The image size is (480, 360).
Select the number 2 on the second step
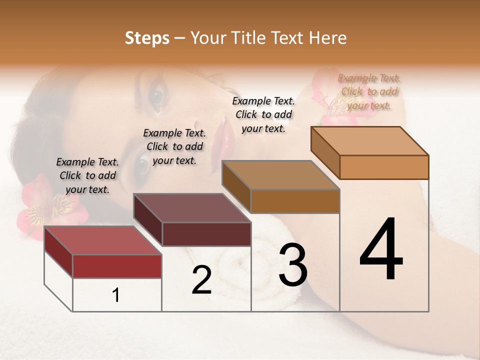[x=201, y=279]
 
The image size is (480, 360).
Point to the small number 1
[x=116, y=295]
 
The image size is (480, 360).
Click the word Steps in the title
[x=147, y=38]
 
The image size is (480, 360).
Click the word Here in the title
[x=328, y=38]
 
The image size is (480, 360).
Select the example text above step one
[x=87, y=175]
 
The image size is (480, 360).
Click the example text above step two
[x=174, y=146]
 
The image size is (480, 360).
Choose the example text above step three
[x=263, y=114]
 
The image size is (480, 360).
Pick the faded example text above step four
[x=369, y=91]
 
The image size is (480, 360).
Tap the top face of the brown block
[x=280, y=175]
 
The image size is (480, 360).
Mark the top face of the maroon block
[x=191, y=208]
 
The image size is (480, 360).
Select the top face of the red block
[x=102, y=240]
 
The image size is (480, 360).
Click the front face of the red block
[x=117, y=266]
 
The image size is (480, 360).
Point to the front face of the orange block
[x=384, y=167]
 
